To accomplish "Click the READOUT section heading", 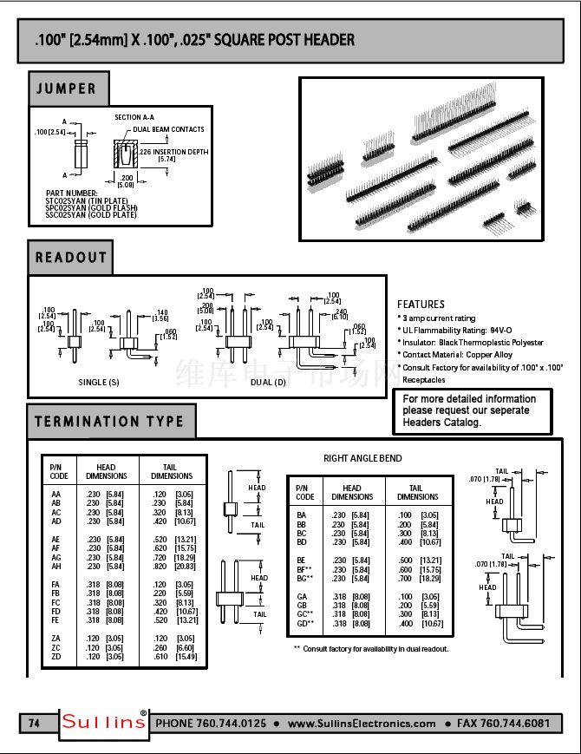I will pos(71,258).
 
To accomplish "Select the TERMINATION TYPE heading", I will pos(109,422).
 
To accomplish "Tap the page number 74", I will pos(35,723).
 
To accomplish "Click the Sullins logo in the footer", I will pos(104,723).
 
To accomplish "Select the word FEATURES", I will pos(421,305).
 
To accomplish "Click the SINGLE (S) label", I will pos(99,382).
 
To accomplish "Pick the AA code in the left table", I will pos(56,492).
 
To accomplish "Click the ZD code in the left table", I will pos(56,657).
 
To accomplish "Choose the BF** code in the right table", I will pos(304,569).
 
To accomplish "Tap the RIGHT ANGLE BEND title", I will pos(362,458).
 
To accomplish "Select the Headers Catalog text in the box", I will pos(441,422).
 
